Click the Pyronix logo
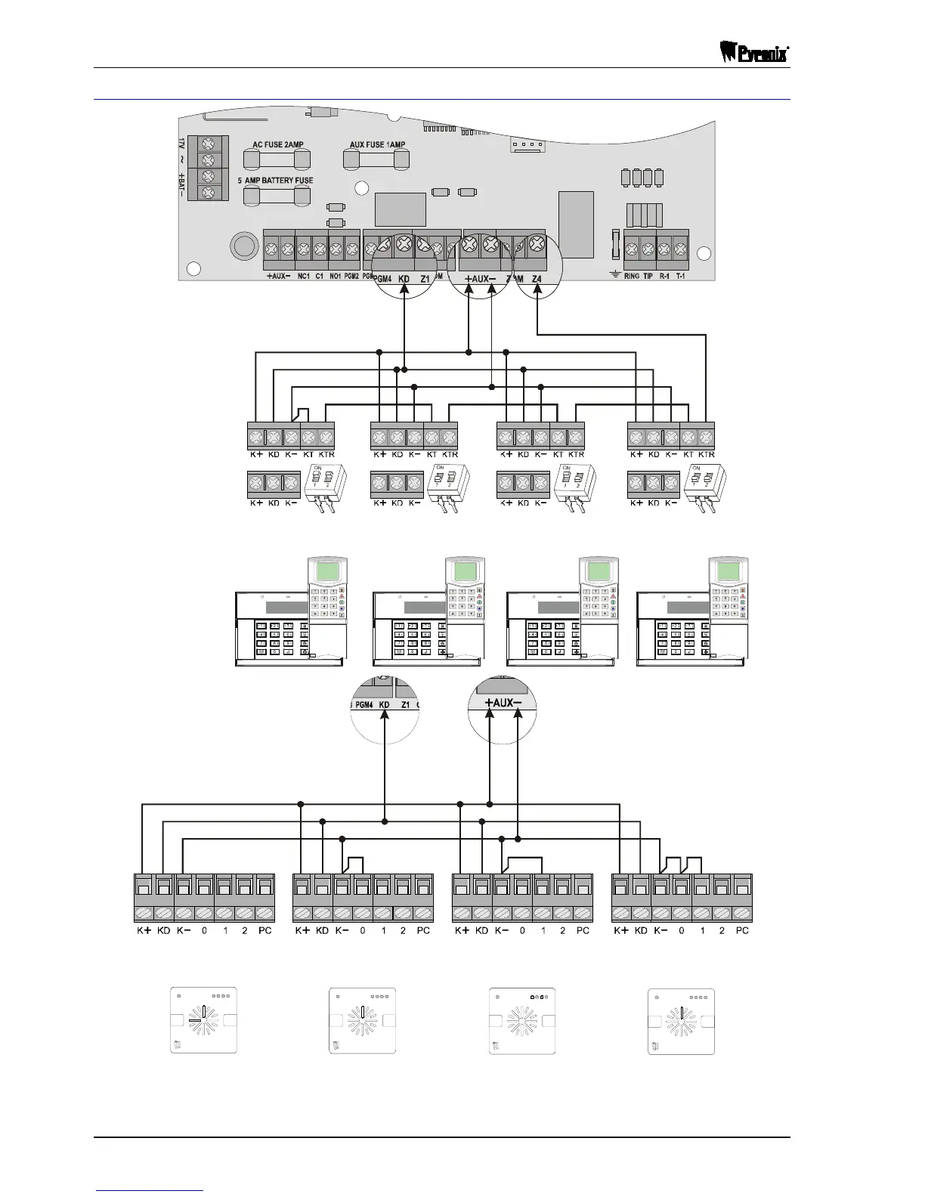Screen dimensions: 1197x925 pyautogui.click(x=751, y=54)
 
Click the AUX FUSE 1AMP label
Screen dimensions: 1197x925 pyautogui.click(x=377, y=145)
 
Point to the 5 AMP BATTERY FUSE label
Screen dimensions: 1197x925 pyautogui.click(x=275, y=181)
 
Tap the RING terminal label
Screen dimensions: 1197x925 pyautogui.click(x=632, y=277)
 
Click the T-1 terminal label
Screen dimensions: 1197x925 pyautogui.click(x=680, y=277)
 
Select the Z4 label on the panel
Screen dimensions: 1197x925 pyautogui.click(x=537, y=279)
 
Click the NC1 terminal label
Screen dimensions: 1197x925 pyautogui.click(x=303, y=277)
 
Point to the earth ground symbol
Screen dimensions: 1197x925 pyautogui.click(x=615, y=275)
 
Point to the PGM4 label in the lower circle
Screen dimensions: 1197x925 pyautogui.click(x=365, y=704)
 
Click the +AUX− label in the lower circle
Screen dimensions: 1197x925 pyautogui.click(x=503, y=703)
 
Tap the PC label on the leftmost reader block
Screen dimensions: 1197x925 pyautogui.click(x=265, y=930)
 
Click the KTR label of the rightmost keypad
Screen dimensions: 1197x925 pyautogui.click(x=706, y=454)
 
